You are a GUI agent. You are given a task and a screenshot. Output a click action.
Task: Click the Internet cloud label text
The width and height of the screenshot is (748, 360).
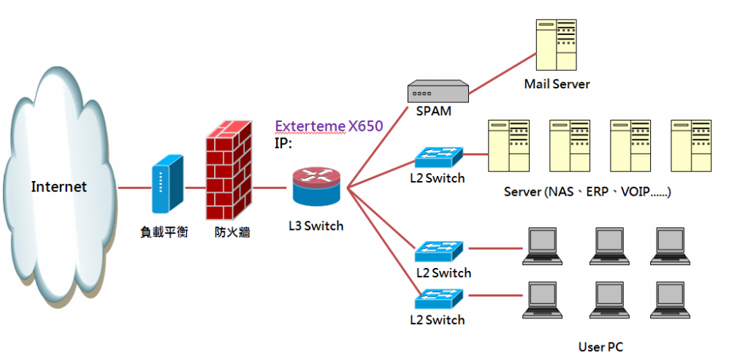coord(58,187)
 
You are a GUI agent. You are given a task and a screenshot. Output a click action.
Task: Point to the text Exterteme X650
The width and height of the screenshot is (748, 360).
coord(328,126)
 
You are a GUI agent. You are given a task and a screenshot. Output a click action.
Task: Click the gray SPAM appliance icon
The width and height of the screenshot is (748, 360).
coord(438,92)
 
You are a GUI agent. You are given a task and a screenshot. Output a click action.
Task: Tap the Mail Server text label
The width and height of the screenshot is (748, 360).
coord(557,84)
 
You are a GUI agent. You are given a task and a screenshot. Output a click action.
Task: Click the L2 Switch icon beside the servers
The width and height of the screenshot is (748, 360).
coord(438,158)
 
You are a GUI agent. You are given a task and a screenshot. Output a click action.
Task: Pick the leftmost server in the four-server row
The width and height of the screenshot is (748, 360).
coord(508,145)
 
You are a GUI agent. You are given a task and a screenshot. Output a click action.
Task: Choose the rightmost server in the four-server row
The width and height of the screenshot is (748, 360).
coord(691,145)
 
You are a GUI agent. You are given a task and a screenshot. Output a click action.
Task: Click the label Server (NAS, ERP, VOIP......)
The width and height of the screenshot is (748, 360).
coord(587,192)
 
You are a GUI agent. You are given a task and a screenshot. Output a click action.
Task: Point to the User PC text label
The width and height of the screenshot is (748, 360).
coord(600,347)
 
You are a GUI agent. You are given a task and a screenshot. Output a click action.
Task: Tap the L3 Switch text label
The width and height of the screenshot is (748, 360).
coord(316,226)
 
